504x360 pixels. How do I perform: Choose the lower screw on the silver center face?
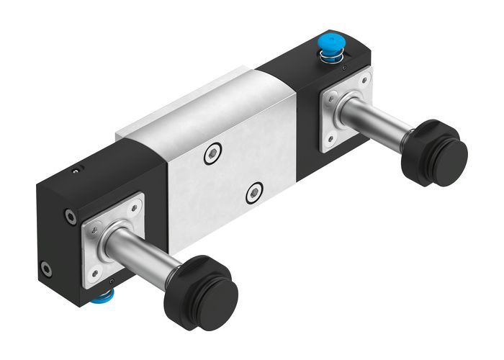coord(253,192)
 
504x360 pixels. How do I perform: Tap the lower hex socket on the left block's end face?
coord(47,271)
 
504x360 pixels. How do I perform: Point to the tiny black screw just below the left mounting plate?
coord(113,282)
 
